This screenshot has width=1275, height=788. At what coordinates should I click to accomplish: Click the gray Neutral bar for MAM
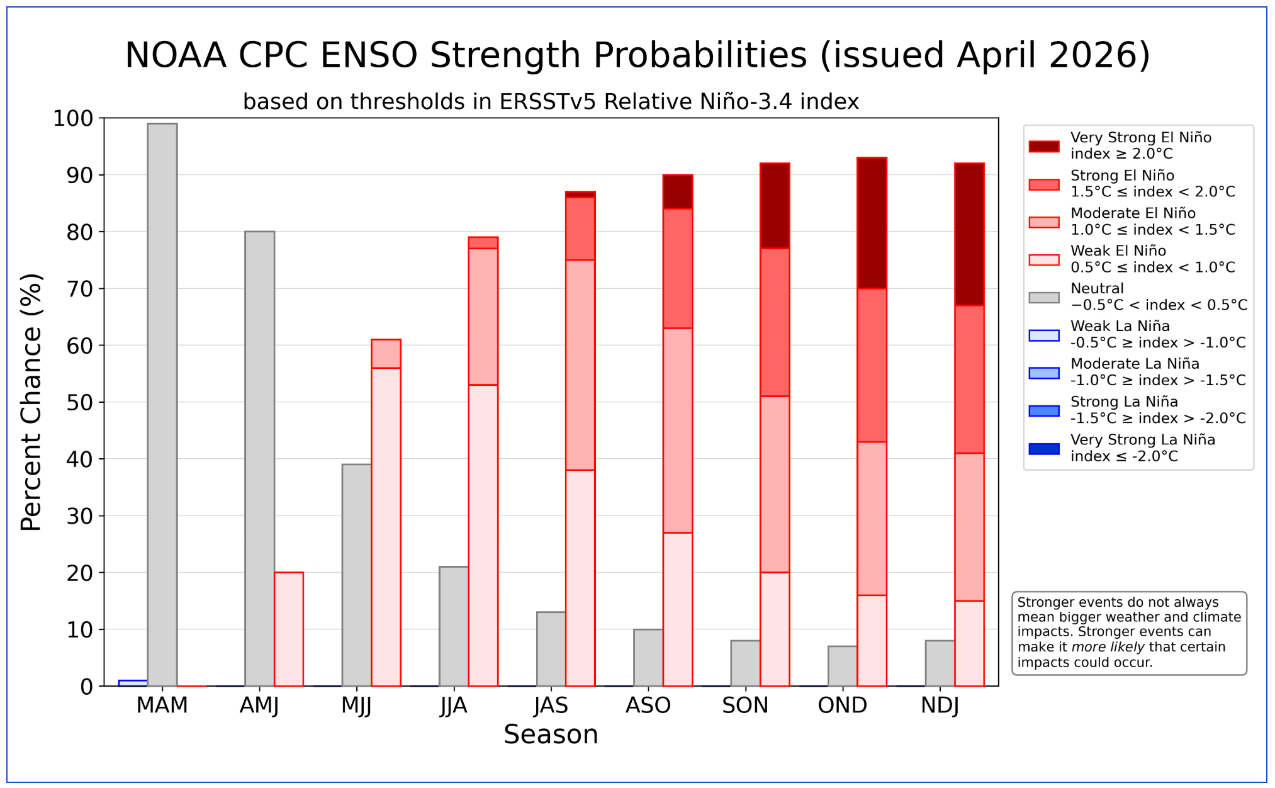point(162,403)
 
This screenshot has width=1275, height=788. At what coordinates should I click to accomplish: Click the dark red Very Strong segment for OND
point(872,223)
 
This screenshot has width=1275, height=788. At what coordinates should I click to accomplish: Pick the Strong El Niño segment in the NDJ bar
point(969,379)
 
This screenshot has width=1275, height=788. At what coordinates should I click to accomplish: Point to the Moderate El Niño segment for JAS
point(580,364)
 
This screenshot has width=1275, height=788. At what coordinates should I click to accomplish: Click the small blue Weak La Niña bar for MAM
point(133,682)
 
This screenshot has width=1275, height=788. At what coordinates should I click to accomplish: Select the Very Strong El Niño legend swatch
point(1043,146)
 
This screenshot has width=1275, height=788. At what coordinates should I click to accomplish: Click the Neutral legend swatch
point(1043,297)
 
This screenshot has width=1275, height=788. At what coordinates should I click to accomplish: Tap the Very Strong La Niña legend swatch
point(1043,449)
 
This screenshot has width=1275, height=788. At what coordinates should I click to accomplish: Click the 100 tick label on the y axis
point(72,118)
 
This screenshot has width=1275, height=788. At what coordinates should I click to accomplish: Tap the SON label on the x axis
point(745,706)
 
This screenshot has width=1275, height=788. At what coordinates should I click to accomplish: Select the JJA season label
point(454,706)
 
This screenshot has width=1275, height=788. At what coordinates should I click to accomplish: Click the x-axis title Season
point(551,735)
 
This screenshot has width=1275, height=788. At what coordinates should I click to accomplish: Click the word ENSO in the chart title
point(368,55)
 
